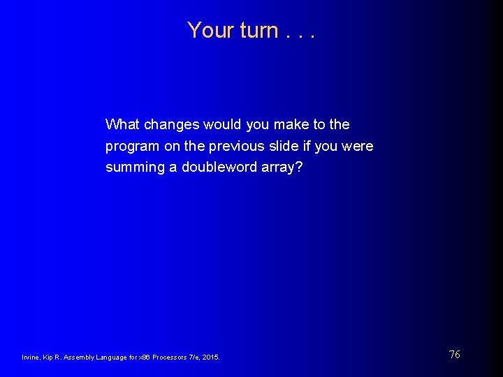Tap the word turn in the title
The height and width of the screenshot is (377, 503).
pos(258,30)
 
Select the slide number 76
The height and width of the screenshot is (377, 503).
pos(454,355)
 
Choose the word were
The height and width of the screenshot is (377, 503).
pos(357,147)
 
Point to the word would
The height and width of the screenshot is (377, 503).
pos(222,124)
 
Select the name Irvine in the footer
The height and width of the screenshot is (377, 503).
pos(30,357)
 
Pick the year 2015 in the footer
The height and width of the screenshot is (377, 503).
pos(211,357)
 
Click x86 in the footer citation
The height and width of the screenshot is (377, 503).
pos(144,357)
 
